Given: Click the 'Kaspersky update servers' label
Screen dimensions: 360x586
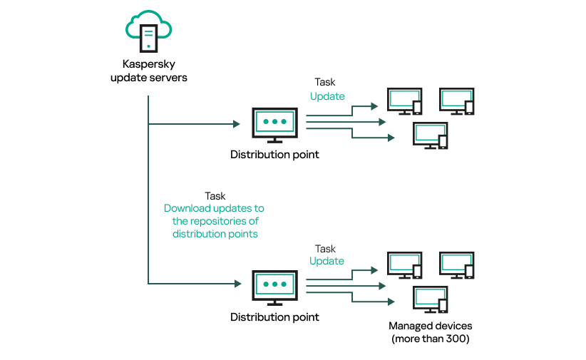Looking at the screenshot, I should [x=149, y=71].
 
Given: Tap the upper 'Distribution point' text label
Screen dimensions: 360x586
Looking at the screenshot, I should [x=274, y=155].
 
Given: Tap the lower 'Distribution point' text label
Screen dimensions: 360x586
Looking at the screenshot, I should [x=274, y=317].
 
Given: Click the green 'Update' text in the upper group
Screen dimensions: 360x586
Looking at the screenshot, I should [x=327, y=96].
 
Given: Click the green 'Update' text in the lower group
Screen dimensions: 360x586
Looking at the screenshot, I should [x=327, y=261].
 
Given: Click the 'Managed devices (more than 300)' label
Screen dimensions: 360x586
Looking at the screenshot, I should [x=431, y=332].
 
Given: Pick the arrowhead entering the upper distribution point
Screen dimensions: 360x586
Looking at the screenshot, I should [x=236, y=124].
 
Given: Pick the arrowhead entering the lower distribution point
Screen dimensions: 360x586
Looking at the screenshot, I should [x=236, y=284].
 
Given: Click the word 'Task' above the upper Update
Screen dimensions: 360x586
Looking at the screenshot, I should [x=325, y=82].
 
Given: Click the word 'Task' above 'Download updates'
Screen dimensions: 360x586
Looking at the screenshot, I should [x=215, y=195].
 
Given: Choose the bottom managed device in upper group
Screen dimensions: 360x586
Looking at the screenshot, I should [x=431, y=135].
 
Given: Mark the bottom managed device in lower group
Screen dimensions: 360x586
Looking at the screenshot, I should [x=431, y=299].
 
